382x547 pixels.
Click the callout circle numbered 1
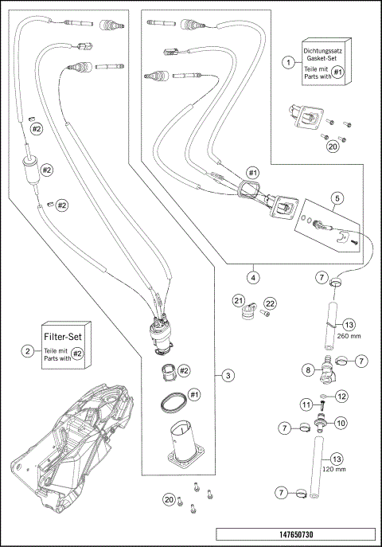point(289,61)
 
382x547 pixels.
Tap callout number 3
point(228,374)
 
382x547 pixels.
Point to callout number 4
point(252,278)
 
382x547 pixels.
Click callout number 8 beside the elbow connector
point(306,369)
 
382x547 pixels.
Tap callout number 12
point(341,396)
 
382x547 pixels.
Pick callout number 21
point(238,300)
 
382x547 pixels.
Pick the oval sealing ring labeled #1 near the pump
point(171,401)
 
